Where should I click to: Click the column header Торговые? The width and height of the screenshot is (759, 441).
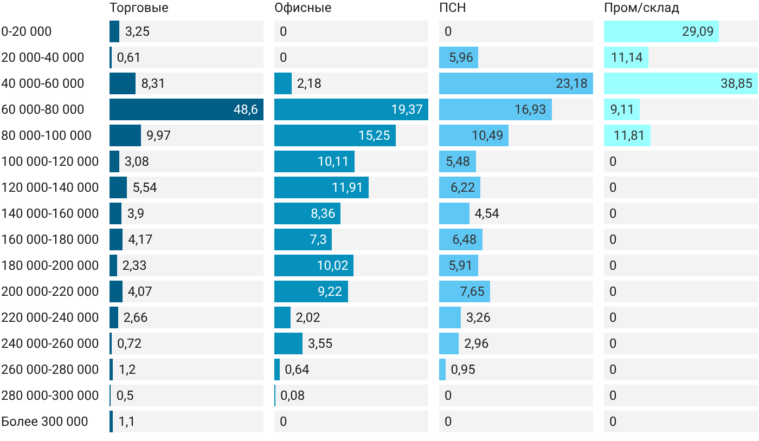[139, 8]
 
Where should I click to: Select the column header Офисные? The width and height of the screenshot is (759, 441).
[303, 8]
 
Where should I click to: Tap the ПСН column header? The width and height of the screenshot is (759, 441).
[452, 8]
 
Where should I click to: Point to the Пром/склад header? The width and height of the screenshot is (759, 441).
[641, 8]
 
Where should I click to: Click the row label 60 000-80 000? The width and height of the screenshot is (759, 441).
[43, 109]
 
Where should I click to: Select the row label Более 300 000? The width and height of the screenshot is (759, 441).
[44, 421]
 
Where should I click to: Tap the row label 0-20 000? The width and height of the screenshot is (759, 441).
[27, 31]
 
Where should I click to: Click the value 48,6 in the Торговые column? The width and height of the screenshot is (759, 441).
[246, 109]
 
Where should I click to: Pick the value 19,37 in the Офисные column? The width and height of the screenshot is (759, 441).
[407, 109]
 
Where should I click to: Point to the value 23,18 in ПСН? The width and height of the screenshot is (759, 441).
[571, 83]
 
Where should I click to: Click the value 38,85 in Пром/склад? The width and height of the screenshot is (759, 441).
[736, 83]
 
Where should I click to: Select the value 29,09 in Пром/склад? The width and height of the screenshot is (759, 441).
[698, 31]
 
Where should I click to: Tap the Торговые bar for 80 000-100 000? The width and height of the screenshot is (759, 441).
[125, 135]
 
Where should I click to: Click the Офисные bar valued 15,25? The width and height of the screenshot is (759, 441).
[335, 135]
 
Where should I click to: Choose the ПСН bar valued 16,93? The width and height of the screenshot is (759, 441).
[496, 109]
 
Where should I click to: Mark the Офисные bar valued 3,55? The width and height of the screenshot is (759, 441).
[288, 343]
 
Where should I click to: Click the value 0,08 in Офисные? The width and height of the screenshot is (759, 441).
[292, 395]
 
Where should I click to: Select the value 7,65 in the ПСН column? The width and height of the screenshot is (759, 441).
[472, 291]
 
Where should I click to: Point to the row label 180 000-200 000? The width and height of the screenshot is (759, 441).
[50, 265]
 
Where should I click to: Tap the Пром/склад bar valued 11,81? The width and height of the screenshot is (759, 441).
[627, 135]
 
